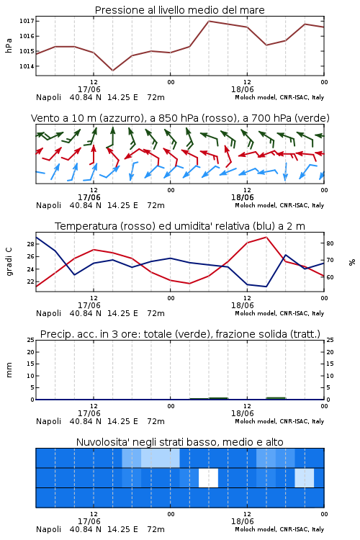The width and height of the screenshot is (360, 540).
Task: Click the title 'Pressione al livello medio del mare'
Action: [x=179, y=10]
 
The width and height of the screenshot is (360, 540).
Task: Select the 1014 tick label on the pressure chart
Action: [x=27, y=66]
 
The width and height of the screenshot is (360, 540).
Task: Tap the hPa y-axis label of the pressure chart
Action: [x=9, y=45]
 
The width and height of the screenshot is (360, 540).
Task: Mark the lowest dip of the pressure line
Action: [x=112, y=71]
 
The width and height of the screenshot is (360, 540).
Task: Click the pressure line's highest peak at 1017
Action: [x=209, y=21]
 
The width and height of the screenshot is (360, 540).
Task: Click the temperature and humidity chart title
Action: [x=180, y=226]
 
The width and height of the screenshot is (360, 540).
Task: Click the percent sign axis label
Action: [x=352, y=262]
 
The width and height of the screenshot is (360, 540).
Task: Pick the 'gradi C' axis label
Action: [x=9, y=262]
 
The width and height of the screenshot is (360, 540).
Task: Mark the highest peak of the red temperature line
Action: [x=266, y=237]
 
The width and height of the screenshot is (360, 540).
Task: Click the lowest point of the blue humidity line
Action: [x=266, y=287]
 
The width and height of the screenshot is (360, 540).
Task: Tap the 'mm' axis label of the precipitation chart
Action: [x=9, y=370]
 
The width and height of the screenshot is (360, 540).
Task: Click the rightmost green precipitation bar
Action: [x=276, y=398]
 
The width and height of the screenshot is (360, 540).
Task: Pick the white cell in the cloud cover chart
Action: [x=208, y=477]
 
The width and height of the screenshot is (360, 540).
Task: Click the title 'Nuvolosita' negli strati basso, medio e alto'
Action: [x=180, y=442]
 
